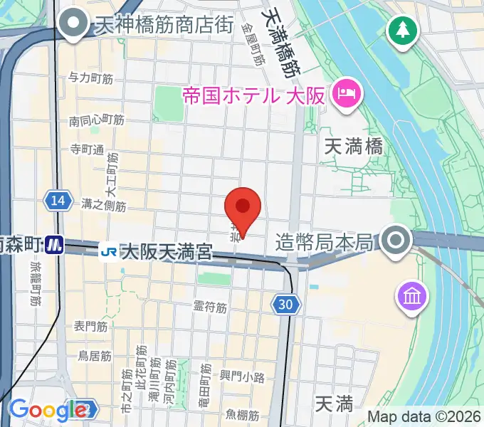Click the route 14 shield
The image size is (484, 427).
(58, 201)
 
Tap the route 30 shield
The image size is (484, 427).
(285, 305)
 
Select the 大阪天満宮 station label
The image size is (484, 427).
(167, 251)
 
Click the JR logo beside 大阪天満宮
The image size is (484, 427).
(109, 251)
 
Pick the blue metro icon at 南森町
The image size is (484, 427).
(54, 245)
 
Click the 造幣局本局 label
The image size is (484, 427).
(324, 243)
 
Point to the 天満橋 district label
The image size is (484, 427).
(353, 147)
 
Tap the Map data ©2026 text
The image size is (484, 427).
(425, 416)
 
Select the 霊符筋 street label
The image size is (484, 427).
(210, 308)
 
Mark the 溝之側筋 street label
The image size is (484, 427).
(104, 206)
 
